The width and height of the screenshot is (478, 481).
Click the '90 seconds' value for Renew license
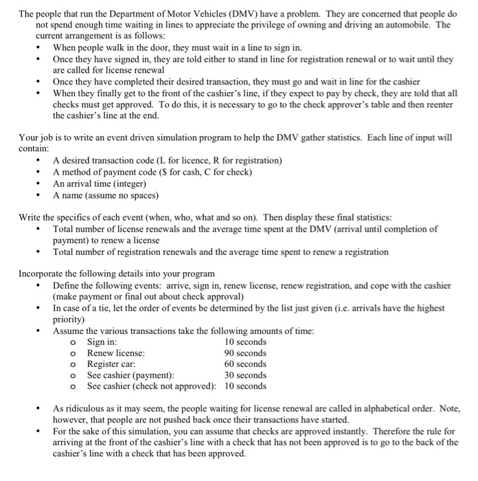click(x=245, y=353)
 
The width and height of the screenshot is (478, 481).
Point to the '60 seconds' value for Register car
click(x=245, y=364)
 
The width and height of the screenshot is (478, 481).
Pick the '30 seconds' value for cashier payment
click(x=245, y=375)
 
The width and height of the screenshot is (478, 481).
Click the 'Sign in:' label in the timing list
click(x=102, y=342)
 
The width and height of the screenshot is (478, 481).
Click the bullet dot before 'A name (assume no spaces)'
click(x=39, y=195)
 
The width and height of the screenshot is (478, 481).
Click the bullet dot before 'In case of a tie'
click(x=39, y=309)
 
